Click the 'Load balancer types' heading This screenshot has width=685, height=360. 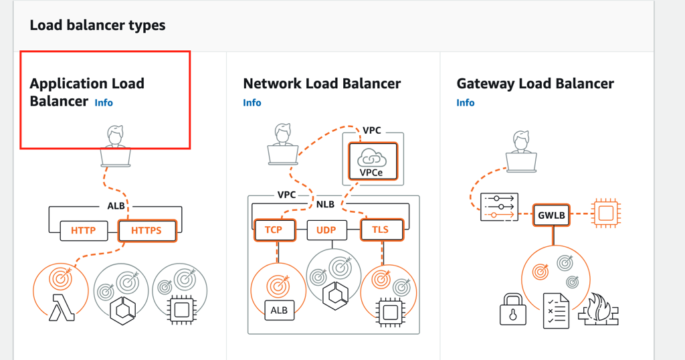click(98, 25)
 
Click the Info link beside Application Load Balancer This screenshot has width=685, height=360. click(104, 102)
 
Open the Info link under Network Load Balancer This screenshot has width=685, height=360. click(252, 102)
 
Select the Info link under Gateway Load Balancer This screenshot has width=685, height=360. click(466, 102)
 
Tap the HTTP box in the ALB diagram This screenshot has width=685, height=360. click(84, 231)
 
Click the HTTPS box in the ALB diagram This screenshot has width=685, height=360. click(146, 231)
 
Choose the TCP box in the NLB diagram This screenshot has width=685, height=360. click(274, 230)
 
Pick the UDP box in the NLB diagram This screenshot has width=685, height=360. click(326, 230)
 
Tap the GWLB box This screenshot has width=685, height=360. click(551, 215)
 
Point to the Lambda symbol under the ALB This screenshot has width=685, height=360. click(61, 310)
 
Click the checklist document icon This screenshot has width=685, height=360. click(555, 310)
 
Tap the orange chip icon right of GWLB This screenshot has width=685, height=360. click(605, 214)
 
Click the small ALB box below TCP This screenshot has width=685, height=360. click(278, 310)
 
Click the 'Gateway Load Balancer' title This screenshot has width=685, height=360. click(535, 84)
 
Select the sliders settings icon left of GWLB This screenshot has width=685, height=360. click(498, 207)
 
